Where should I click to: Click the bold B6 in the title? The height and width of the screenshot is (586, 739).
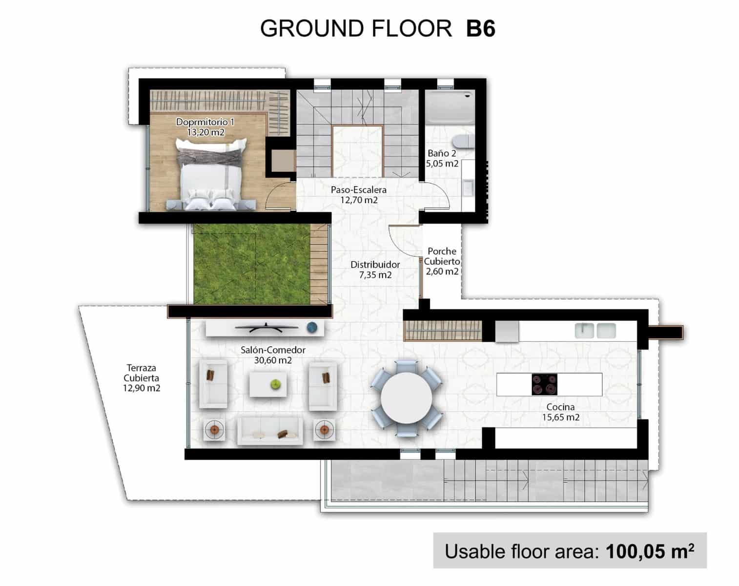coord(481,28)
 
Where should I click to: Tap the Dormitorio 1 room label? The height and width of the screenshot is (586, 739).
coord(205,127)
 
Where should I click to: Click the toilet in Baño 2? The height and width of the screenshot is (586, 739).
coord(462,141)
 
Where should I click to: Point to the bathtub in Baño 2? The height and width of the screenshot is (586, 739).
coord(450,107)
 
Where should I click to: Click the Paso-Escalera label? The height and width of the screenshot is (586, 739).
coord(358,194)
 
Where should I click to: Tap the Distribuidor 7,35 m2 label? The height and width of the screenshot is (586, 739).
coord(375,270)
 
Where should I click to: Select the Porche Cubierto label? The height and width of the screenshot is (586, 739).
coord(442,261)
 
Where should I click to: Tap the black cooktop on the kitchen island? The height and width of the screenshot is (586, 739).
coord(544,384)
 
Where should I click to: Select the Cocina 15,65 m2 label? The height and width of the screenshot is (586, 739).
coord(560,412)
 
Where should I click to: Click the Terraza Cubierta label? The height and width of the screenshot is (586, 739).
coord(141,378)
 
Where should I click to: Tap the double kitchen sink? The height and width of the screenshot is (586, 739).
coord(595,331)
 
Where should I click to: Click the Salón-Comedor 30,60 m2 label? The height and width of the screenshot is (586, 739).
coord(273,355)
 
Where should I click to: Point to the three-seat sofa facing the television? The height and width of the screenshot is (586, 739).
coord(270,431)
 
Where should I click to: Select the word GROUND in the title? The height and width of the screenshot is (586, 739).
coord(312,28)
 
